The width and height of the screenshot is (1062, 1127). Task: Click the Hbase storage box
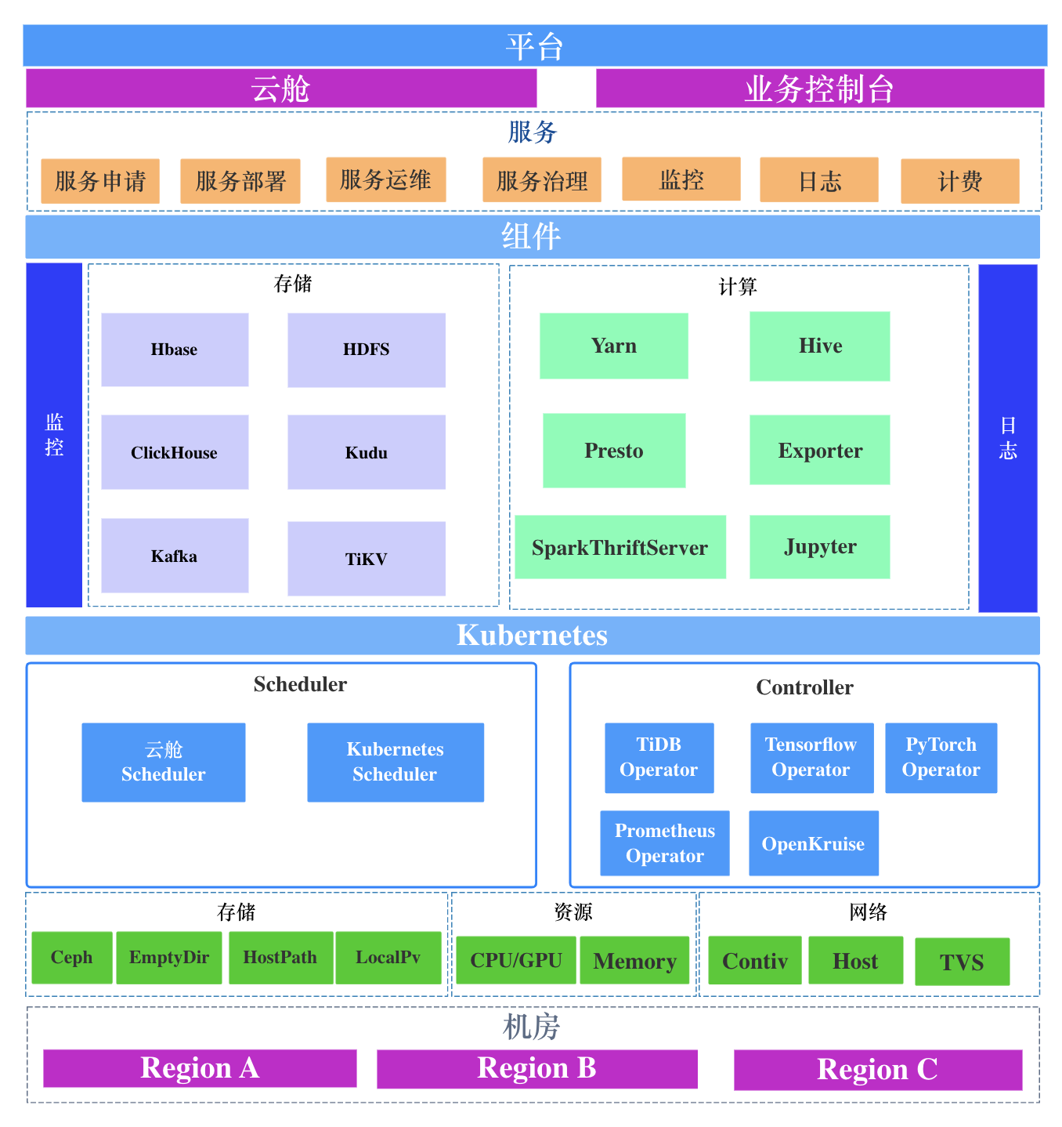pos(175,350)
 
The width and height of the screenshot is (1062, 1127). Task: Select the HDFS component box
pos(367,350)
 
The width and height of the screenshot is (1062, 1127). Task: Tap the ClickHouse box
pos(175,452)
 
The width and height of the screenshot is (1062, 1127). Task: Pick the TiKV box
pos(367,559)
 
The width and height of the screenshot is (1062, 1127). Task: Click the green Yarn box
pos(614,346)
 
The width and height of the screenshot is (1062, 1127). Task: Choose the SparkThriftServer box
pos(620,547)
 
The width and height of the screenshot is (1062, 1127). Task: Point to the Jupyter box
pos(820,546)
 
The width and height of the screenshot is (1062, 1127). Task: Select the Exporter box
pos(820,450)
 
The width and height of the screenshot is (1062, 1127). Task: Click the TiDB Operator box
pos(659,757)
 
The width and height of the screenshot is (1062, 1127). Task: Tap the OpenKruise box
pos(814,843)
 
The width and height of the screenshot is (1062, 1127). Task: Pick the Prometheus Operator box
pos(665,843)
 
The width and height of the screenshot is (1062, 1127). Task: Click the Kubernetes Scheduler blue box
pos(396,762)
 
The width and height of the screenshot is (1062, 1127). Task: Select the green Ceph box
pos(72,957)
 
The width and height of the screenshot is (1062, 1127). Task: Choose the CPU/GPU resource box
pos(516,960)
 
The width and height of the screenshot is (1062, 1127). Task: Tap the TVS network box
pos(962,962)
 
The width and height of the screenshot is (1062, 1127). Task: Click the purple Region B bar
pos(537,1068)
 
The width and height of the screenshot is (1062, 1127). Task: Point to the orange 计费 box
pos(960,181)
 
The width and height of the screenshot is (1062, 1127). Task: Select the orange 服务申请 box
pos(100,181)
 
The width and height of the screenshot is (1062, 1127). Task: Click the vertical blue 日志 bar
pos(1008,438)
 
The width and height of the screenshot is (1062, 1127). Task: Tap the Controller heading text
pos(804,687)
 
